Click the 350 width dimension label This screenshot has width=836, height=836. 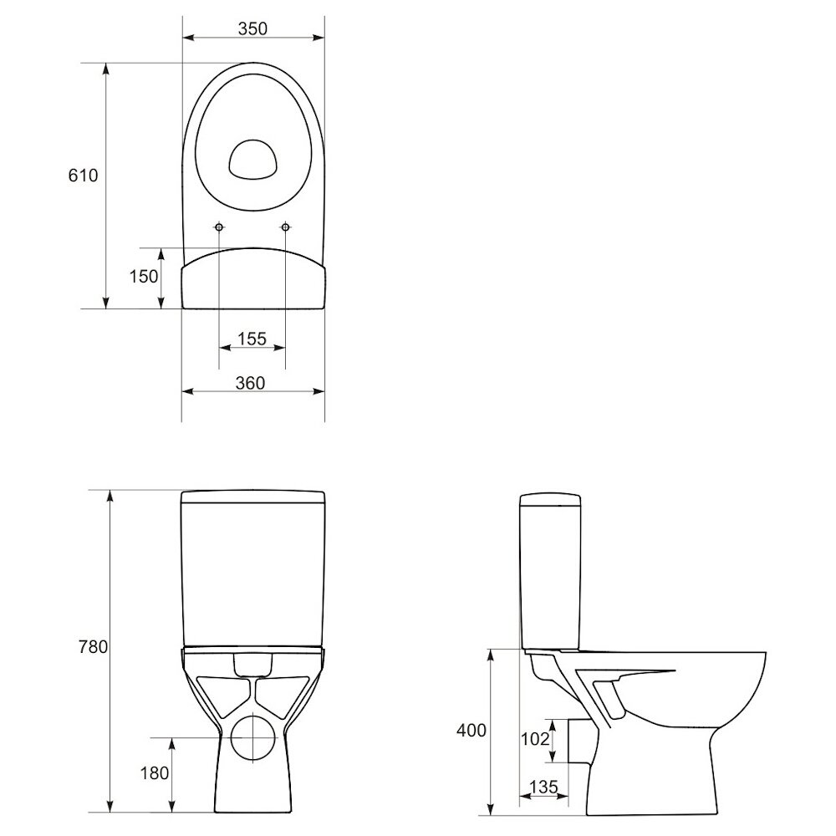pyautogui.click(x=252, y=28)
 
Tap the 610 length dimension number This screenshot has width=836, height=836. pyautogui.click(x=83, y=176)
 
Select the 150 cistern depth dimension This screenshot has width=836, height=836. pyautogui.click(x=144, y=276)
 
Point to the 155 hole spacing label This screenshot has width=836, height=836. pyautogui.click(x=252, y=339)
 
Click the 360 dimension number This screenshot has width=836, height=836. pyautogui.click(x=250, y=383)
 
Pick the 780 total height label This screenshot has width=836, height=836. pyautogui.click(x=94, y=647)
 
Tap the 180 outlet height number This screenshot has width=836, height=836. pyautogui.click(x=155, y=773)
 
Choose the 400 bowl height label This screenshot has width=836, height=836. pyautogui.click(x=472, y=731)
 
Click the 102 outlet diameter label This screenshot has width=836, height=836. pyautogui.click(x=535, y=739)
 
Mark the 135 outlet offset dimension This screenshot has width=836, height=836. pyautogui.click(x=543, y=787)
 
